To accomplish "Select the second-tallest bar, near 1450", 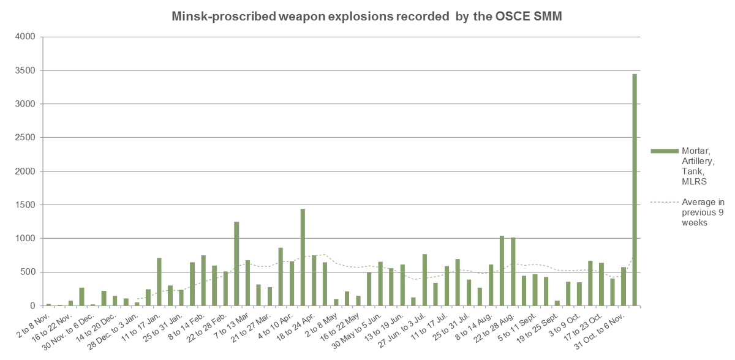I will coord(303,257).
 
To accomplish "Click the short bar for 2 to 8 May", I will coord(336,302).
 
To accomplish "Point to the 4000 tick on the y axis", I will coord(28,37).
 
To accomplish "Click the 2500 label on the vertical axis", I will coord(28,138).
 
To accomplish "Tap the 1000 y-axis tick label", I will coord(28,239).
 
